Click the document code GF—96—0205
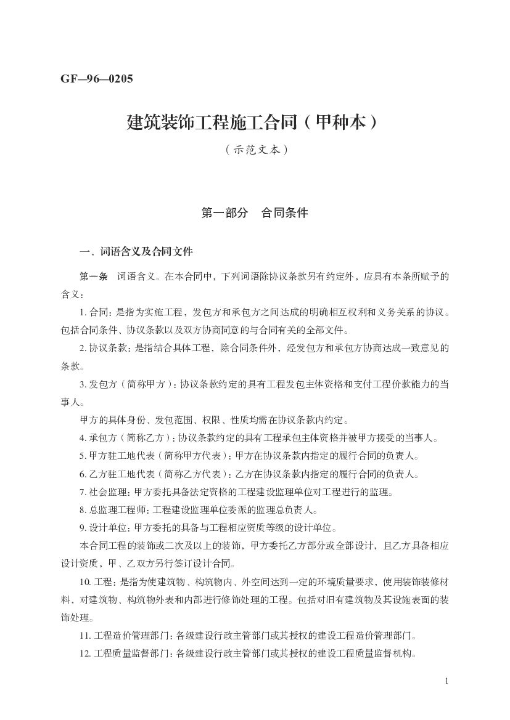97,78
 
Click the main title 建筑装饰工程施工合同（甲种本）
252,122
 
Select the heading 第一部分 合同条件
255,213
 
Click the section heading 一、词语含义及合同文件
136,251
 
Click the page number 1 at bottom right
446,681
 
